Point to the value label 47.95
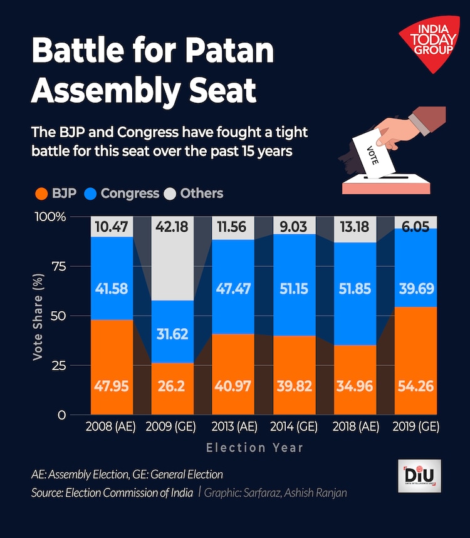pos(112,386)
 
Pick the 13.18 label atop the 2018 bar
pos(355,226)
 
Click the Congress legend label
pos(130,194)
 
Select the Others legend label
pos(202,194)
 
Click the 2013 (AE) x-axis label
pos(234,428)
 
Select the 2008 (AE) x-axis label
pos(112,428)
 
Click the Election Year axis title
pos(255,448)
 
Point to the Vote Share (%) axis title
pos(38,316)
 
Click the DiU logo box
pos(419,477)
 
